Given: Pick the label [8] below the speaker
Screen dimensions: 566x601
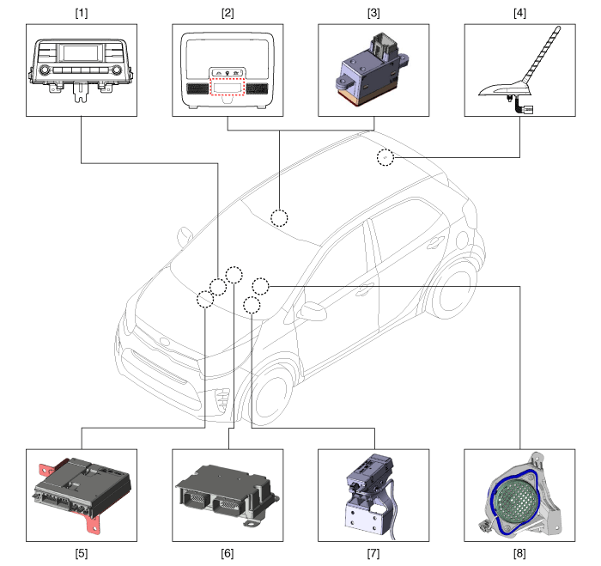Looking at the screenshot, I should [520, 552].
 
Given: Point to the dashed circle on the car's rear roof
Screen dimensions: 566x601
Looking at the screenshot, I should [385, 158].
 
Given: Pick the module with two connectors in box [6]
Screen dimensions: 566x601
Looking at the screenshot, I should [226, 495].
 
